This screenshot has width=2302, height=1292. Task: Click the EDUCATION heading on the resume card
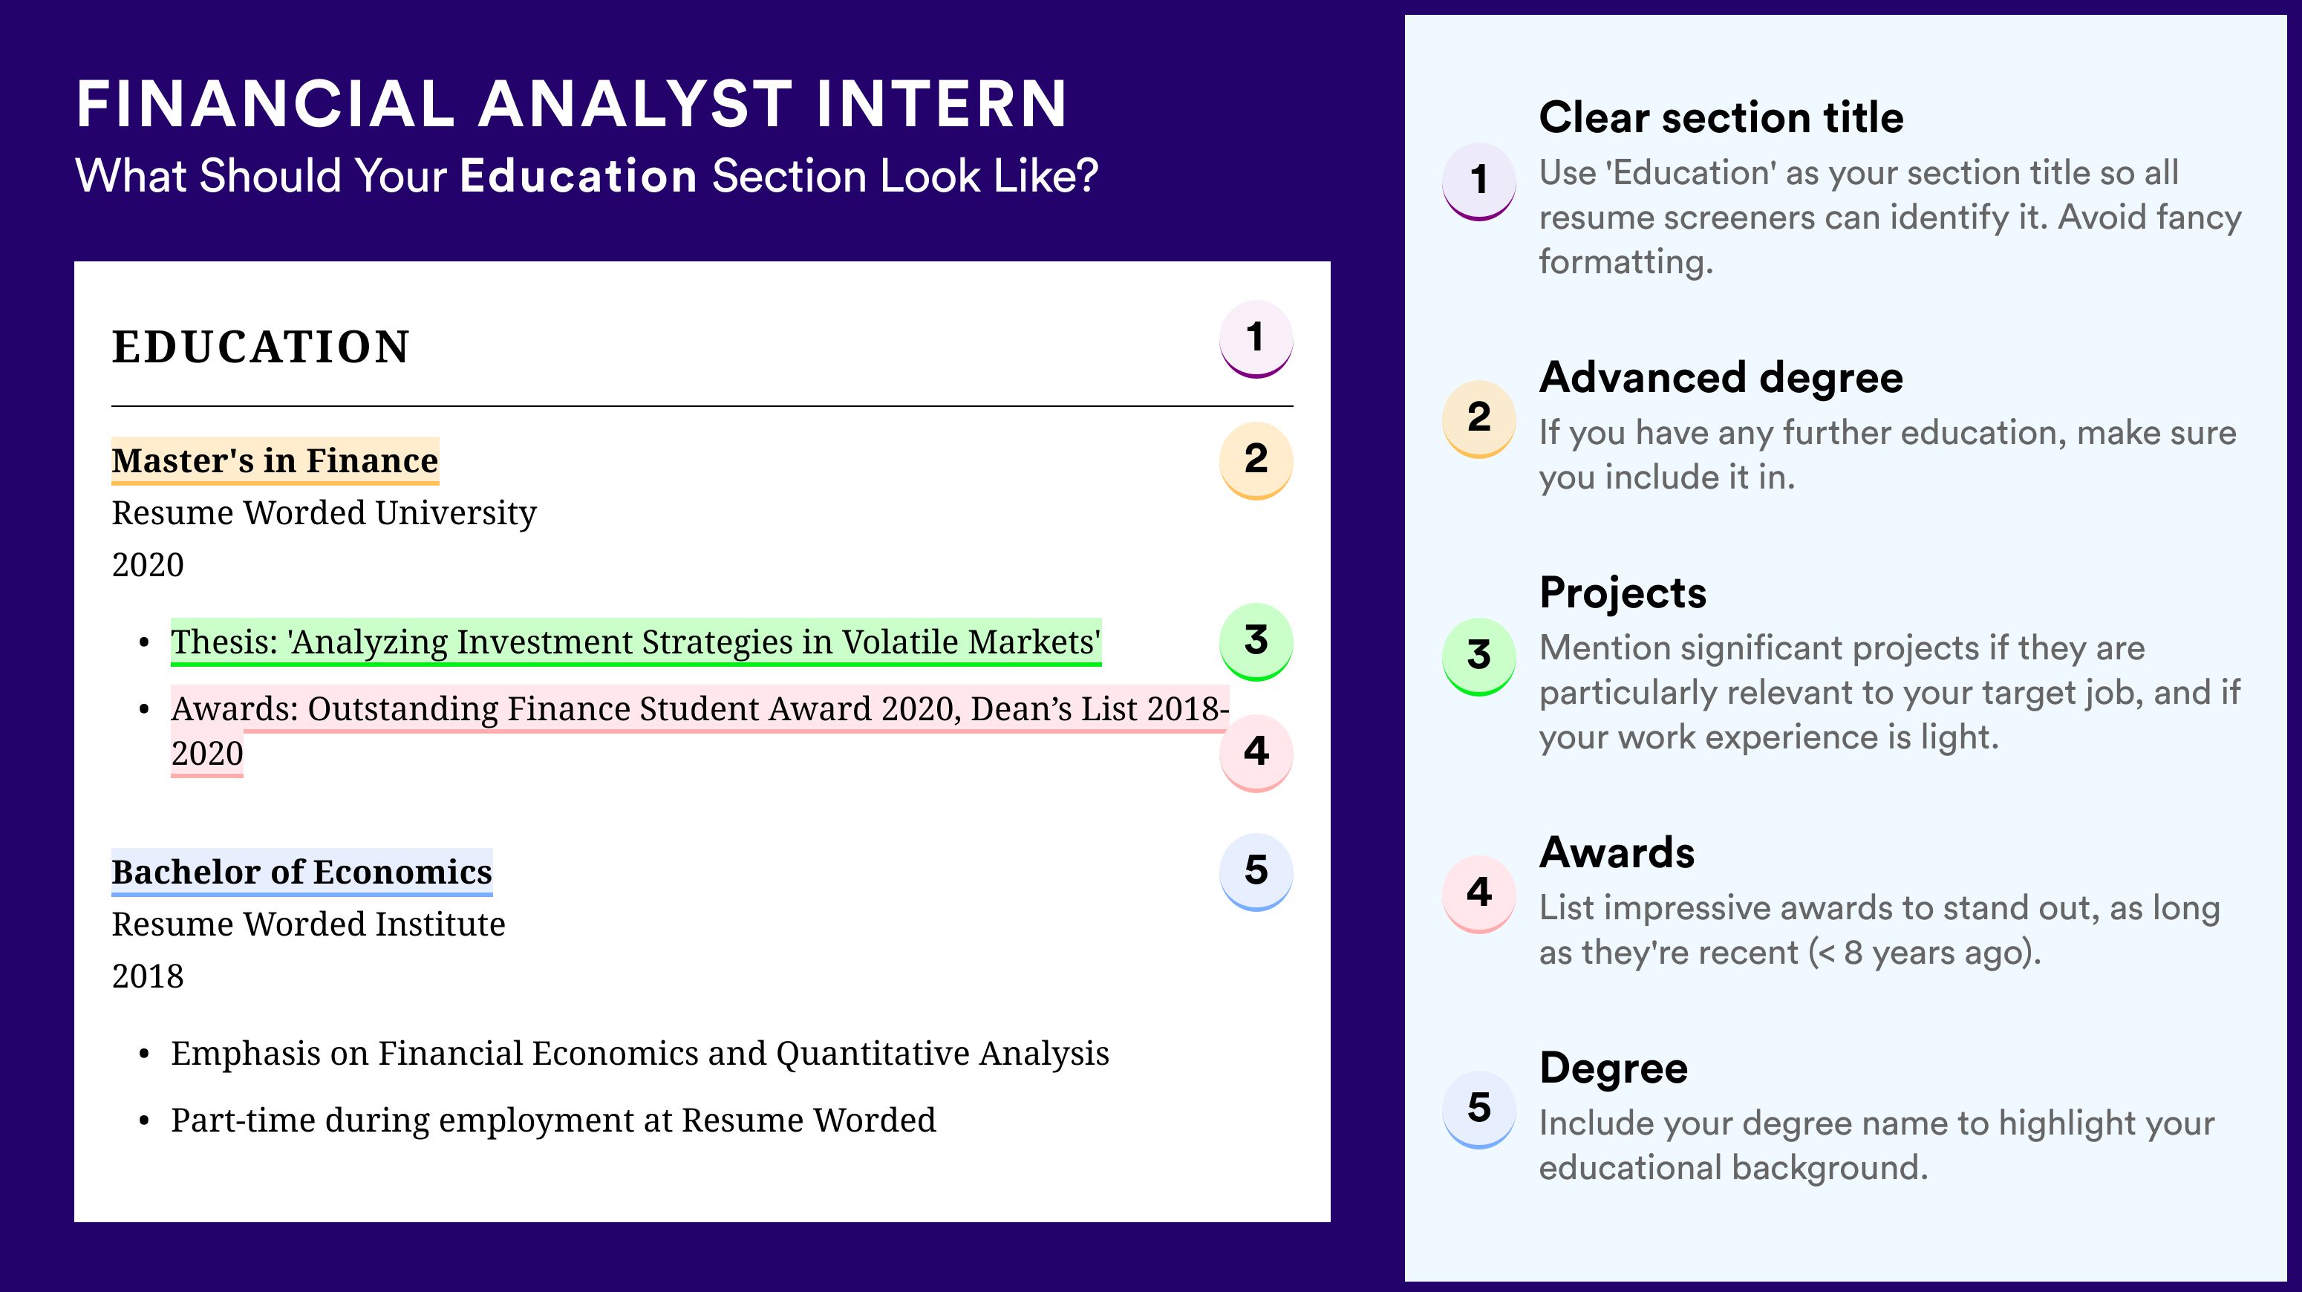[260, 347]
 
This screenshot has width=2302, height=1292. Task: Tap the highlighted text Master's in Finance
[275, 461]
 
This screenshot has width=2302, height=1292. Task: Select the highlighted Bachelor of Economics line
[302, 872]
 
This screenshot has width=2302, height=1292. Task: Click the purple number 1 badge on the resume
[1256, 339]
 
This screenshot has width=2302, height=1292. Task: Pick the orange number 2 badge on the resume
[1256, 460]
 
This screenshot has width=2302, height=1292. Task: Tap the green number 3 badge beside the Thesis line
[1256, 642]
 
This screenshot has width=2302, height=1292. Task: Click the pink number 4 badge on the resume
[1256, 752]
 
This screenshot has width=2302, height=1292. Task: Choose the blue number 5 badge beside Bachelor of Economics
[1256, 872]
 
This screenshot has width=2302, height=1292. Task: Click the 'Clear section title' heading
[1721, 117]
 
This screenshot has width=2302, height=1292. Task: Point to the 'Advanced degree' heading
[1721, 378]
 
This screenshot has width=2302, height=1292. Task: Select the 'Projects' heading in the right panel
[1623, 593]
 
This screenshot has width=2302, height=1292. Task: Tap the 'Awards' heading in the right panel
[1617, 852]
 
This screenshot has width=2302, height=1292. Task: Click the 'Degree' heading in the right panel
[1614, 1068]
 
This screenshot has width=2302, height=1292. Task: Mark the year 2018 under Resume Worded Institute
[148, 976]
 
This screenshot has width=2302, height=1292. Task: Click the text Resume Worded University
[325, 514]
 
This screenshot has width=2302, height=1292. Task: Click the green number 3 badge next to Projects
[1479, 656]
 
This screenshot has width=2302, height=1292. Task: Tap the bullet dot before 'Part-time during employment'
[144, 1121]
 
